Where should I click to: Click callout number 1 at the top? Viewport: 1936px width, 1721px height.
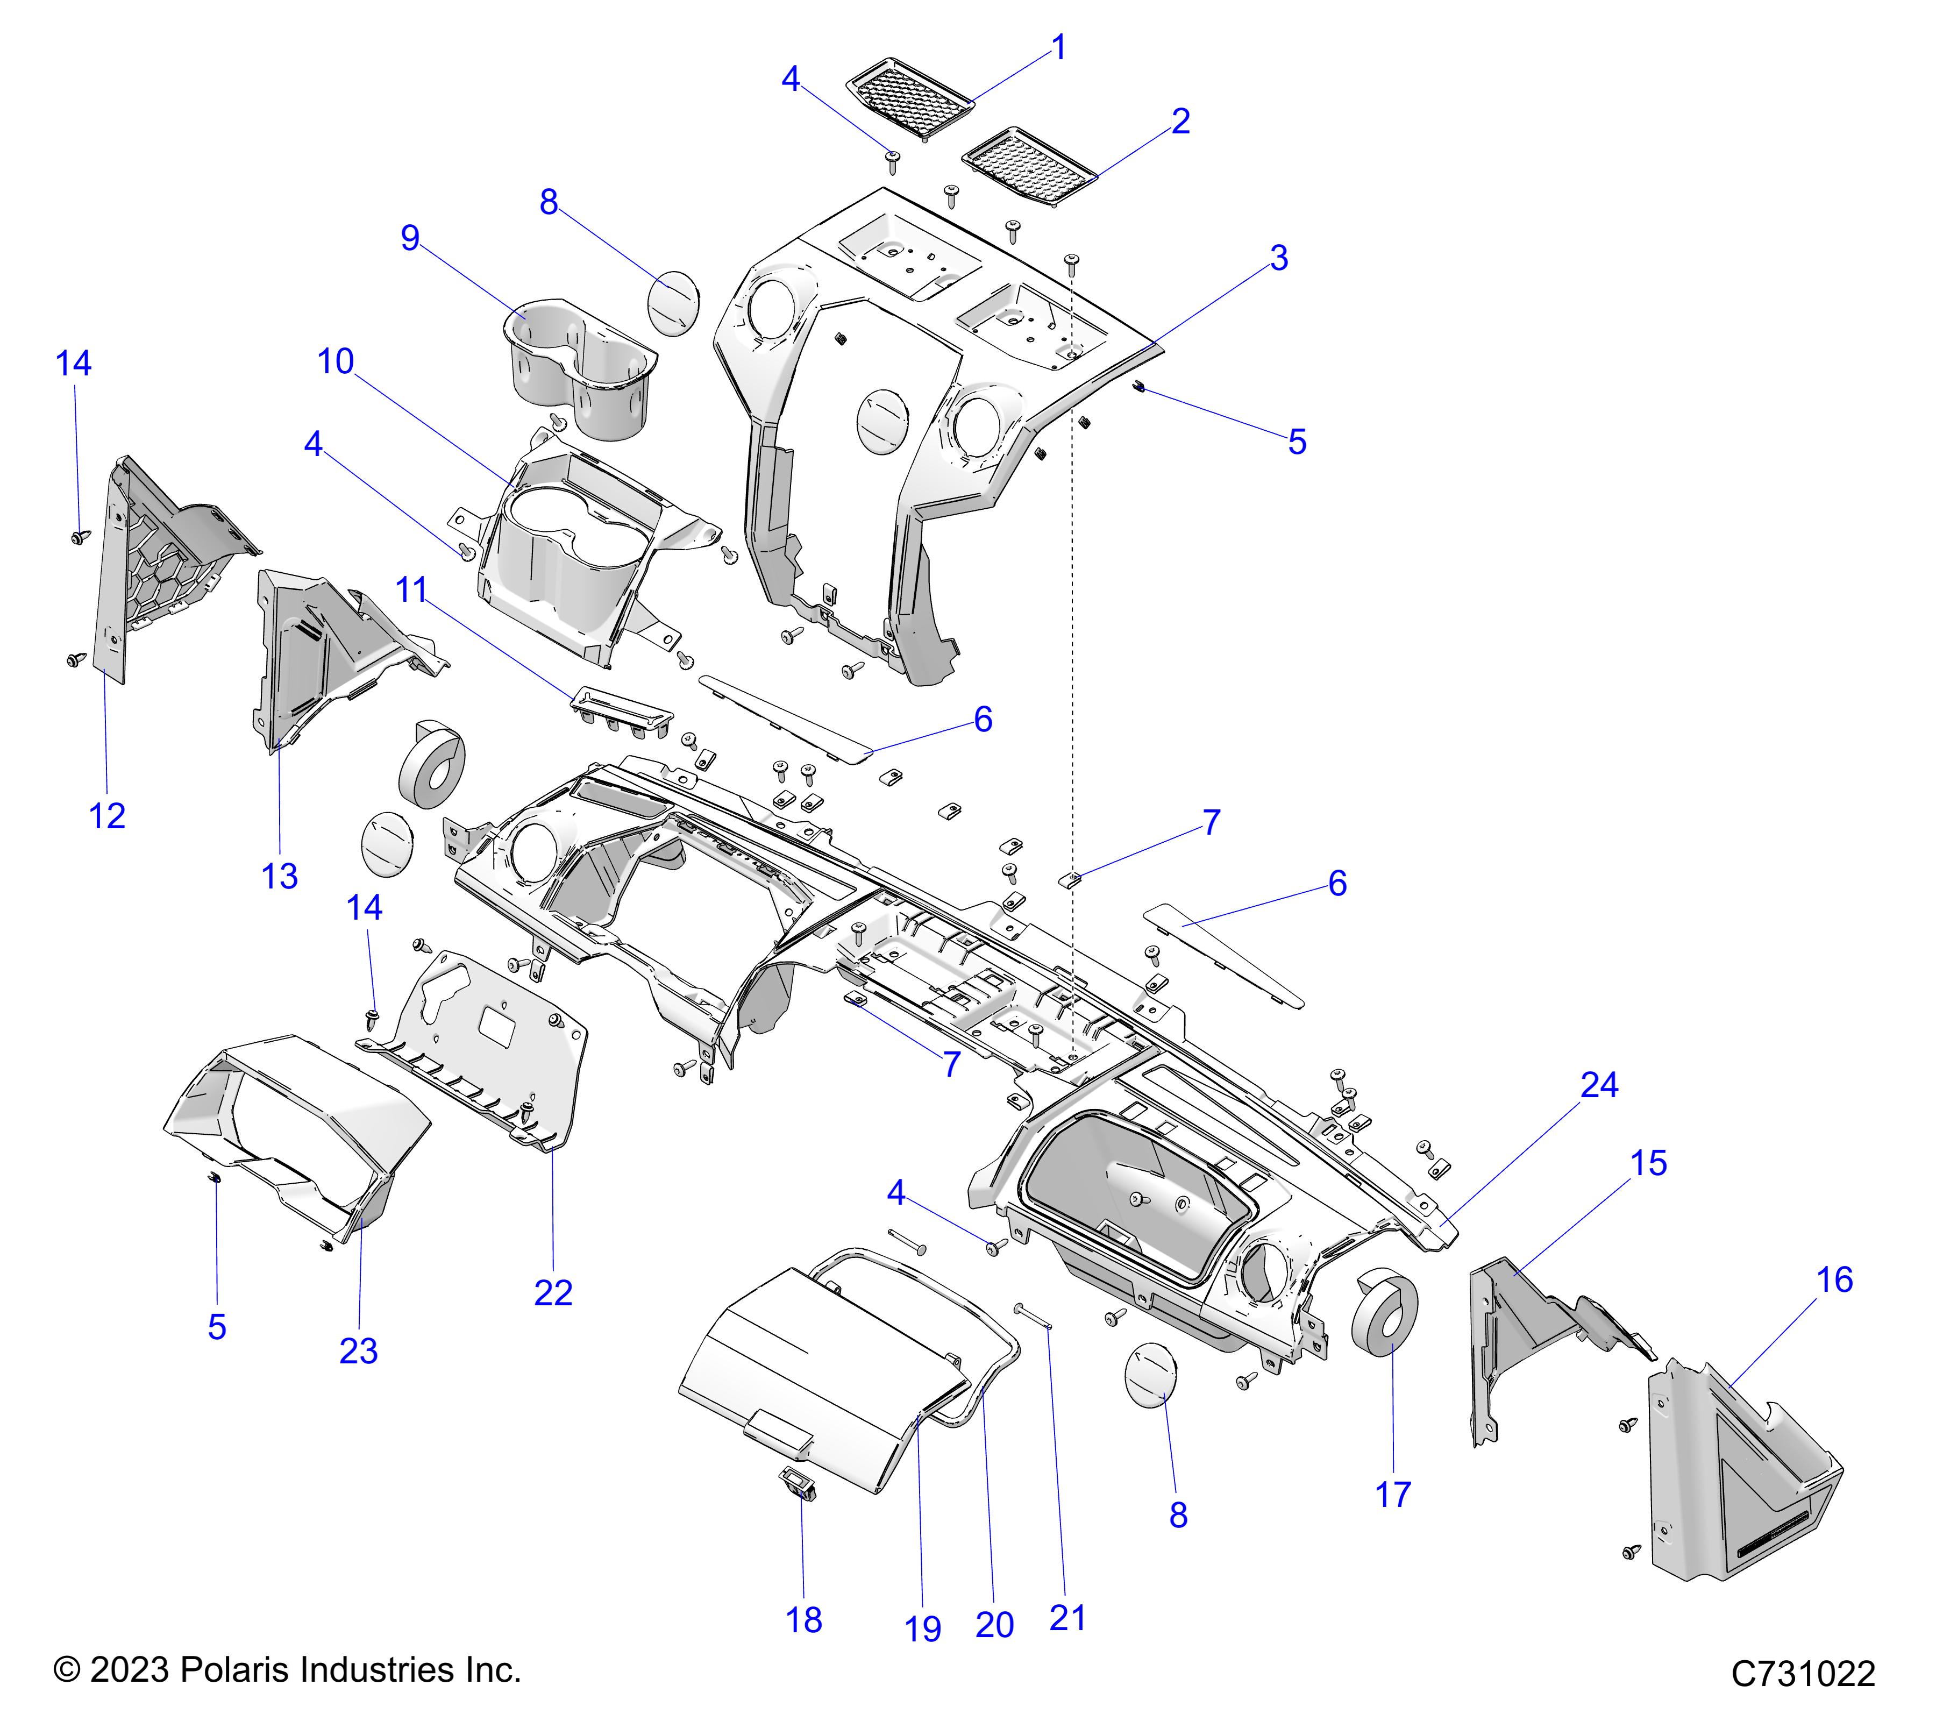pos(1059,47)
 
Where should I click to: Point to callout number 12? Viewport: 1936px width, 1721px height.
pos(107,815)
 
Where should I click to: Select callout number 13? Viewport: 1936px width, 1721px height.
pos(280,876)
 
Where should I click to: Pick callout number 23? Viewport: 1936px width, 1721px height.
pos(358,1350)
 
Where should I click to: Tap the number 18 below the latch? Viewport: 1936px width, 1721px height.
pos(803,1620)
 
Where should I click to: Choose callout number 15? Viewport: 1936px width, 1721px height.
pos(1649,1163)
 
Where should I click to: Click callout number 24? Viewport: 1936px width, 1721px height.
pos(1599,1085)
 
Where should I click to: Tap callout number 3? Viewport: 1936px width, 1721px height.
pos(1279,258)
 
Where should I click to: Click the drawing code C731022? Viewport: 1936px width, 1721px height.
pos(1803,1674)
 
